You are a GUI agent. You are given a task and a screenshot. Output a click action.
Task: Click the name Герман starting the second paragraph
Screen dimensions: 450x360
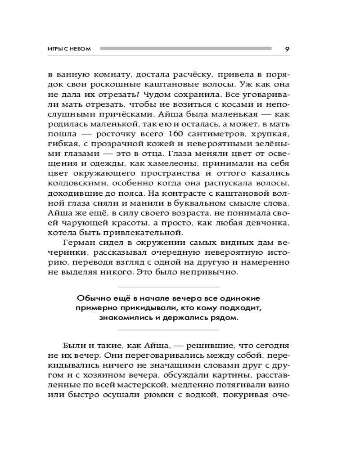click(76, 244)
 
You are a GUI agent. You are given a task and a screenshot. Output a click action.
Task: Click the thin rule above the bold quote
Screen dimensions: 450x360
click(168, 287)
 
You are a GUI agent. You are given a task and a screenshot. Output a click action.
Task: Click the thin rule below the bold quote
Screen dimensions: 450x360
click(168, 330)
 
